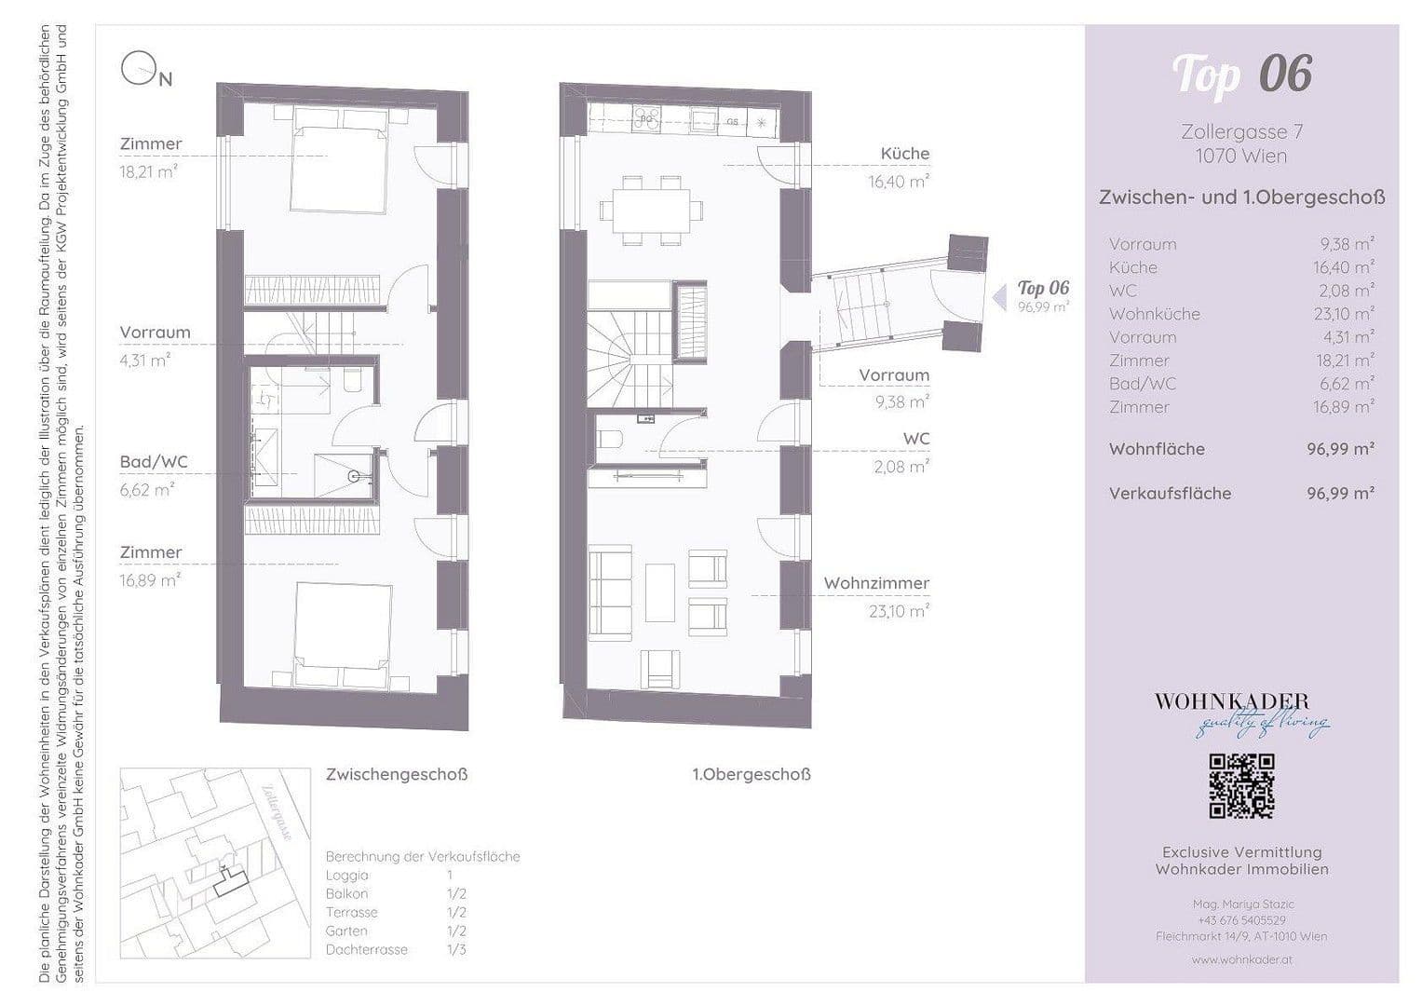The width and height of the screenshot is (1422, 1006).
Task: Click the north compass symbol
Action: pyautogui.click(x=138, y=69)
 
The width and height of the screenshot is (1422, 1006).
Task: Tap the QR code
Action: pyautogui.click(x=1241, y=786)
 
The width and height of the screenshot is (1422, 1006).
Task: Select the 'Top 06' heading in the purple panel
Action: pyautogui.click(x=1241, y=75)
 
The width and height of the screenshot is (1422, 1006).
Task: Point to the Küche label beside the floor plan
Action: pyautogui.click(x=905, y=154)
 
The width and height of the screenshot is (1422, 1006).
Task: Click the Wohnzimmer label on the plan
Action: pyautogui.click(x=876, y=584)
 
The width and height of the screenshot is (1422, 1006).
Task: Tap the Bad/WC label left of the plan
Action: pyautogui.click(x=154, y=462)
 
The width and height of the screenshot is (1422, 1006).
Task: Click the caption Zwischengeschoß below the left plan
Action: pyautogui.click(x=397, y=775)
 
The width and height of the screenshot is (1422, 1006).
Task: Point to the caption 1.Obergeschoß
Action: pyautogui.click(x=751, y=775)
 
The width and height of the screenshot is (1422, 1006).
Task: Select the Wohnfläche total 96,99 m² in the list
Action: pyautogui.click(x=1340, y=449)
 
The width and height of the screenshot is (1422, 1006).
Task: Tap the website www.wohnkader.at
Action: pyautogui.click(x=1241, y=958)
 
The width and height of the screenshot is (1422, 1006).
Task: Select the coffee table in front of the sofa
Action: pyautogui.click(x=659, y=592)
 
